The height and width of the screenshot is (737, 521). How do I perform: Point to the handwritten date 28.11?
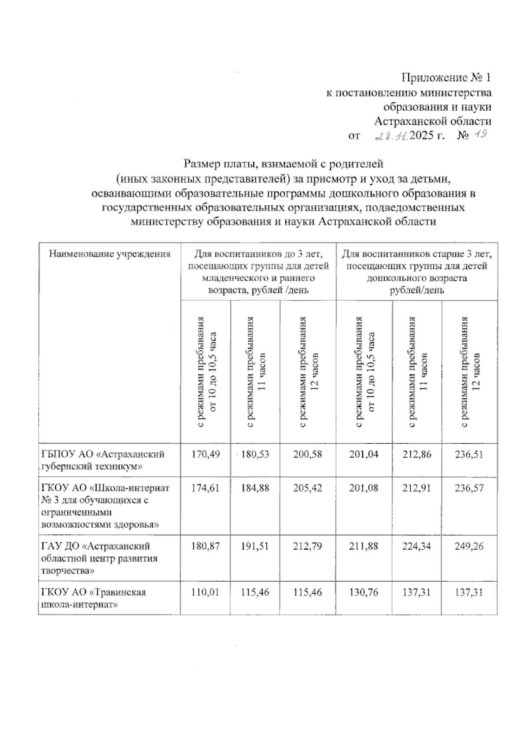(x=391, y=136)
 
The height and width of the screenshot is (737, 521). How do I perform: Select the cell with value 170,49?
(x=205, y=455)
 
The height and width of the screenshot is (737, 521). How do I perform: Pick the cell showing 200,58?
(x=307, y=455)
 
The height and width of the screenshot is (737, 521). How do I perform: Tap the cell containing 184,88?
(x=255, y=488)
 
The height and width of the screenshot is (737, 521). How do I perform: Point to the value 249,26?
(x=469, y=546)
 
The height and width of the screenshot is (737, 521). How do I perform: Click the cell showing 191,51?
(x=255, y=546)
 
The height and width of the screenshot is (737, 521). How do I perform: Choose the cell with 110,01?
(x=205, y=592)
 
